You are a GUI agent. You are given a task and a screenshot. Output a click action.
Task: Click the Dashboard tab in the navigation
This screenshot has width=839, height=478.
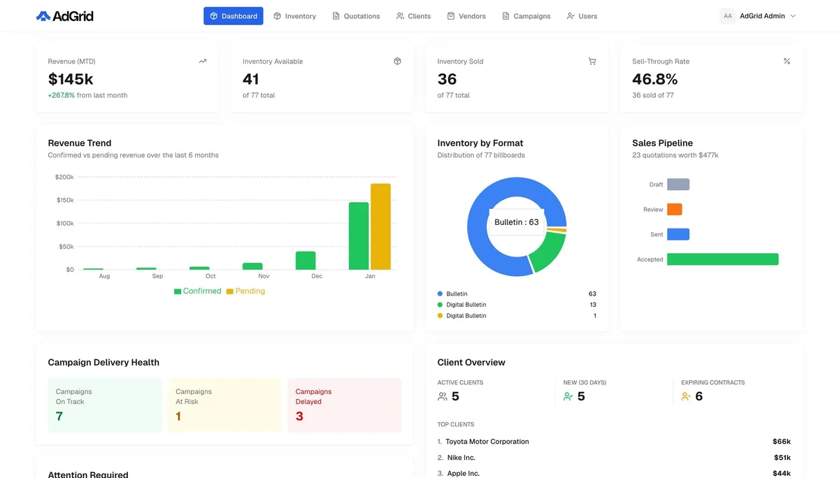tap(234, 16)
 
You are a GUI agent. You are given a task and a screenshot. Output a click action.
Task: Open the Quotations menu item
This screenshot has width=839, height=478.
tap(356, 16)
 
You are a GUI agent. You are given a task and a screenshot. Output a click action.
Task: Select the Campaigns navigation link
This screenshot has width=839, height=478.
tap(526, 16)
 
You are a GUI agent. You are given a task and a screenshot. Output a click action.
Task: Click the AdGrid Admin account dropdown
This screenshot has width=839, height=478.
tap(758, 16)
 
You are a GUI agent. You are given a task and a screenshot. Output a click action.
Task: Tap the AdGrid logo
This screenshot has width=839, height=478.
tap(64, 16)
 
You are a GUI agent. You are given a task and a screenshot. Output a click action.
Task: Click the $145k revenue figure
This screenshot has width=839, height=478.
tap(71, 79)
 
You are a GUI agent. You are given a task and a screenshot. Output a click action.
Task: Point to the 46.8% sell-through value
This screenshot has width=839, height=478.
tap(654, 79)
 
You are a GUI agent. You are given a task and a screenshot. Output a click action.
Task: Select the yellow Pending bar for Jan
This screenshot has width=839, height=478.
tap(380, 226)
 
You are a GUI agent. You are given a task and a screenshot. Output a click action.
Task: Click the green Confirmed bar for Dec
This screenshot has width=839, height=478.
tap(306, 261)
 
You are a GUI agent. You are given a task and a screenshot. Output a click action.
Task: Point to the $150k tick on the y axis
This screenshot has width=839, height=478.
tap(64, 201)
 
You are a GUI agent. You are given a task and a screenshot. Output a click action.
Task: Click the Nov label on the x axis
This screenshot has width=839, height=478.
tap(264, 276)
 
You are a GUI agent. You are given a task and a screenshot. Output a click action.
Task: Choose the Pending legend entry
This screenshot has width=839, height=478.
tap(245, 291)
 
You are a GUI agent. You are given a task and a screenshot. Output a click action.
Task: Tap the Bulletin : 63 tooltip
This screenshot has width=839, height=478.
tap(517, 222)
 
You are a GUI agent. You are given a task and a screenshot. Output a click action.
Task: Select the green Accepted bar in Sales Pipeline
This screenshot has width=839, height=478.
tap(722, 259)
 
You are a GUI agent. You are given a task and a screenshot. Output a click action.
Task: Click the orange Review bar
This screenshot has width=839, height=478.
tap(674, 210)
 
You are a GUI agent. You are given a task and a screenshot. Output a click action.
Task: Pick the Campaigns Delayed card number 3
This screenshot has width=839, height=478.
tap(299, 417)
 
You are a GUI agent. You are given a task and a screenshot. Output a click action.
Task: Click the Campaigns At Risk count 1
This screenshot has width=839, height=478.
tap(178, 417)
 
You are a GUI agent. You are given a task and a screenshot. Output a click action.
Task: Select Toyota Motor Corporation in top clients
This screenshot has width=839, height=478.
tap(487, 442)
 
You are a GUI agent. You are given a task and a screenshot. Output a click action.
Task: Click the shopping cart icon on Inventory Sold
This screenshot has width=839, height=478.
tap(592, 61)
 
